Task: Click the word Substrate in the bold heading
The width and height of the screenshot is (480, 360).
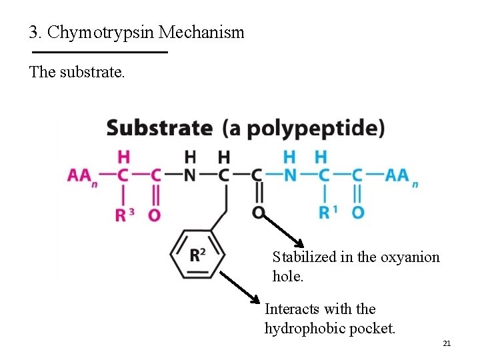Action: click(159, 128)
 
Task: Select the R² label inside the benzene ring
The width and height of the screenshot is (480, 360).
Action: click(197, 254)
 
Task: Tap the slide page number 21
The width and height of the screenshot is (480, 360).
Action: click(447, 343)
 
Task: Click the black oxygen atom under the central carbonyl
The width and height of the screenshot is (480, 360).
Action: click(258, 213)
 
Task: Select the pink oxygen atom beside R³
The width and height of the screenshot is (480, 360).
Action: click(154, 214)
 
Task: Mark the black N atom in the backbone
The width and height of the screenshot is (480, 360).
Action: click(190, 175)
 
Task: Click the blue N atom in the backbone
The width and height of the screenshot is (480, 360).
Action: click(289, 175)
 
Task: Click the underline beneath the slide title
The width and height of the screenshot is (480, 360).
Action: click(99, 52)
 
